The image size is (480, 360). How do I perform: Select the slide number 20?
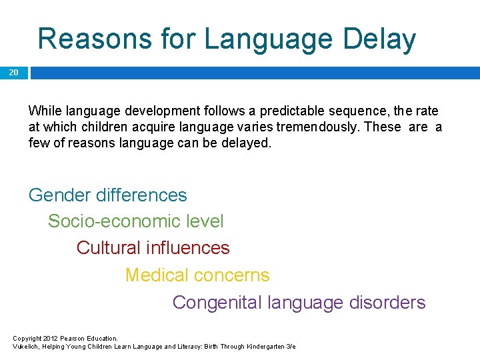[x=14, y=73]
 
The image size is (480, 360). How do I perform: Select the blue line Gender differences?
[x=108, y=195]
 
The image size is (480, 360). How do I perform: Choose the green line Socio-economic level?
[x=136, y=221]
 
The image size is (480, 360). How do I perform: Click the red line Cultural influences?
[x=153, y=248]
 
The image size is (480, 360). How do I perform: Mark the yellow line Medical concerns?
[x=197, y=275]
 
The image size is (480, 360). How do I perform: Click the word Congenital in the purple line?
[x=217, y=303]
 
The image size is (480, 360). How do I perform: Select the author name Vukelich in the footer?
[x=27, y=347]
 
